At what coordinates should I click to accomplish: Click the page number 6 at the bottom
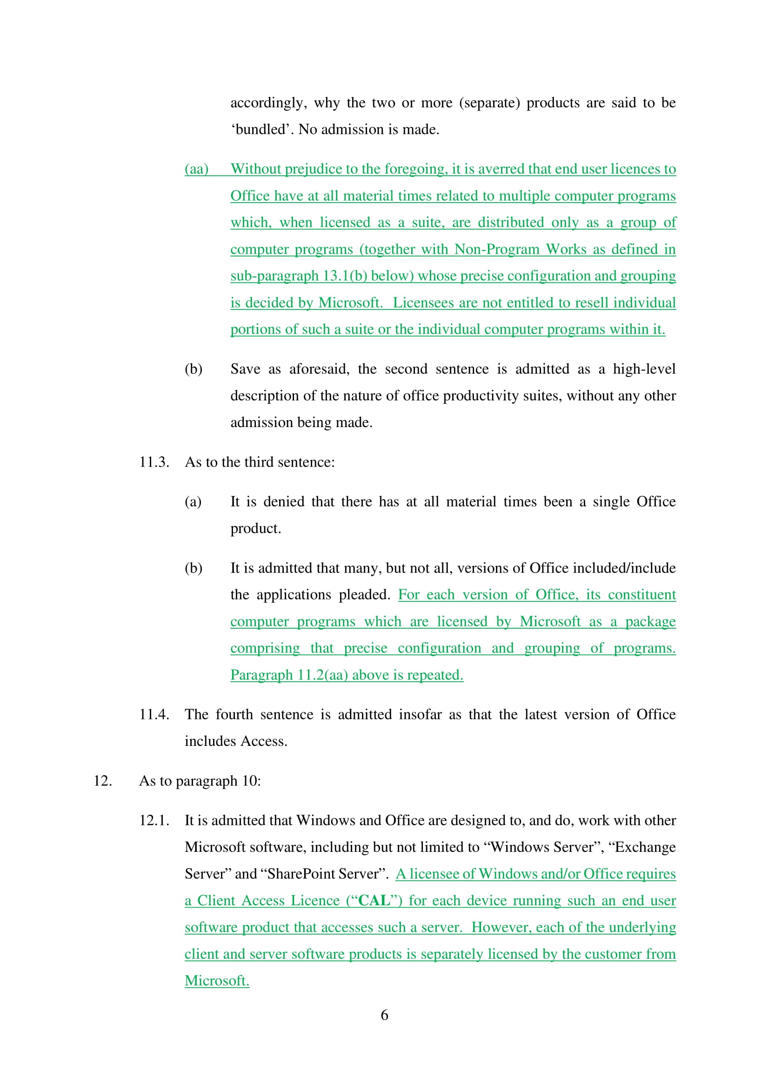tap(384, 1015)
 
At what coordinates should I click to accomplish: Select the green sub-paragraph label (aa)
tap(196, 169)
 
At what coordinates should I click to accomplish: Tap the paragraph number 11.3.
tap(154, 462)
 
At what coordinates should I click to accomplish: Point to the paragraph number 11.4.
tap(154, 714)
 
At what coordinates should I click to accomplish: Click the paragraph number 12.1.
tap(154, 820)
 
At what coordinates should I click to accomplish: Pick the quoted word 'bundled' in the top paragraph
tap(260, 129)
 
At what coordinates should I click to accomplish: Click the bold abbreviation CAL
tap(374, 901)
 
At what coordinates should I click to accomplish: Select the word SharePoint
tap(294, 874)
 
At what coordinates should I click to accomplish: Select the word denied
tap(284, 502)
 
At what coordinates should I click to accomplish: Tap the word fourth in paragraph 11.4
tap(234, 714)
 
